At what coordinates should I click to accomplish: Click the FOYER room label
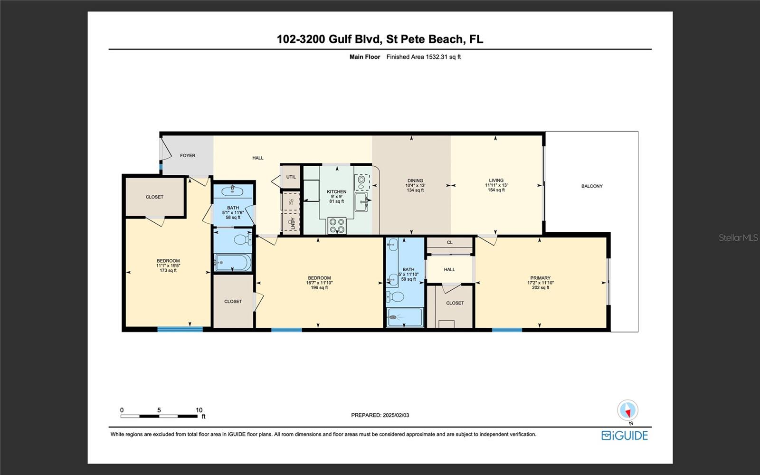click(x=188, y=155)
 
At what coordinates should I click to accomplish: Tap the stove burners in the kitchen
click(x=337, y=226)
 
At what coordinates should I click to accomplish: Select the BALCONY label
click(x=592, y=186)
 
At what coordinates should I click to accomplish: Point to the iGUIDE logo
click(x=625, y=436)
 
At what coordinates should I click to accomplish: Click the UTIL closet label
click(x=291, y=177)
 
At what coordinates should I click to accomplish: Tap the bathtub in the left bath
click(x=233, y=262)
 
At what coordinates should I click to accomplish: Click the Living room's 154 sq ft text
click(x=496, y=190)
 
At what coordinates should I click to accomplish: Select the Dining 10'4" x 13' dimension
click(x=415, y=186)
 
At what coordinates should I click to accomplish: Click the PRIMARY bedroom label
click(x=540, y=278)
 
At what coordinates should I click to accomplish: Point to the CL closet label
click(x=449, y=243)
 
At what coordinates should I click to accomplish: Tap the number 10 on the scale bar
click(x=199, y=410)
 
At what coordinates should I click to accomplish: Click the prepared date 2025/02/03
click(x=396, y=415)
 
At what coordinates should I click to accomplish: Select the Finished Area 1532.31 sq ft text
click(x=423, y=57)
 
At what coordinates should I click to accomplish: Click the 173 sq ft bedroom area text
click(x=168, y=271)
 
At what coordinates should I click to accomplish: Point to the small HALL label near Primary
click(x=449, y=270)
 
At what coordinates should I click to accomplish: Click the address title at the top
click(x=380, y=39)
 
